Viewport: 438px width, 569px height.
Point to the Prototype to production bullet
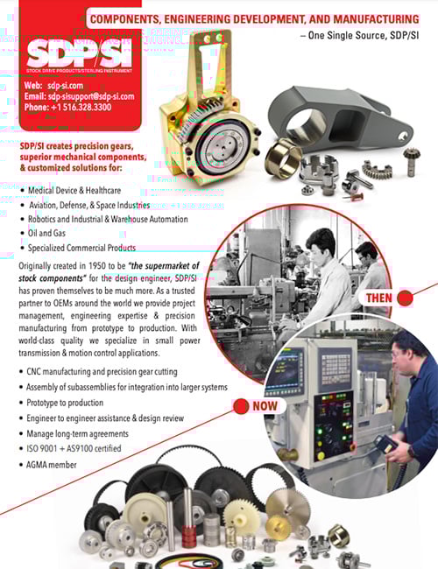[79, 403]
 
